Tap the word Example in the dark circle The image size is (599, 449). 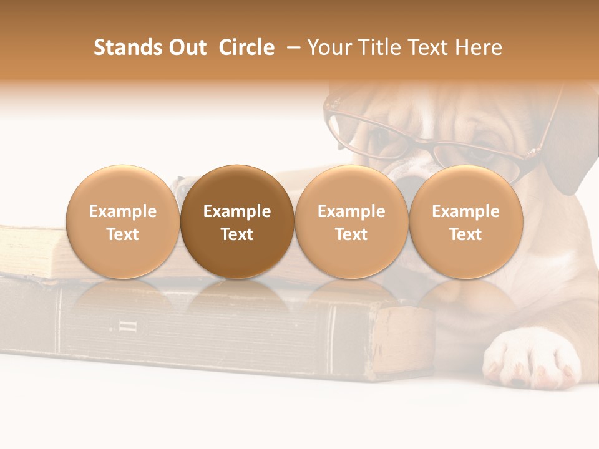pyautogui.click(x=237, y=211)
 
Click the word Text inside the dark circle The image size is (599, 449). pyautogui.click(x=237, y=234)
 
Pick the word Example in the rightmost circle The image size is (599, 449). pyautogui.click(x=466, y=211)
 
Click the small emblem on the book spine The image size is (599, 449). pyautogui.click(x=124, y=326)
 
